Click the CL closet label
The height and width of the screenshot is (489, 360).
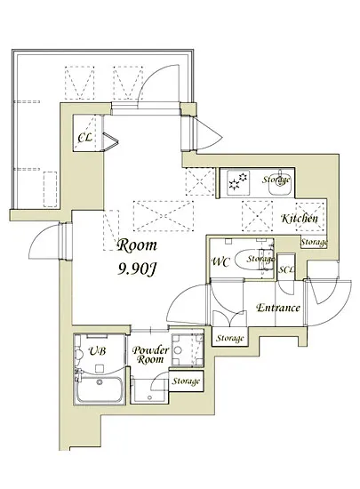[84, 137]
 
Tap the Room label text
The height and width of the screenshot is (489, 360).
[137, 245]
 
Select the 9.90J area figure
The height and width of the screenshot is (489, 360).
[136, 269]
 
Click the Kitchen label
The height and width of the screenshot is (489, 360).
[300, 218]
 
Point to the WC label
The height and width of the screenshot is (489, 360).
[220, 261]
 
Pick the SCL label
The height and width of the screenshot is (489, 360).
[286, 269]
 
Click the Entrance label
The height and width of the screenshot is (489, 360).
[278, 308]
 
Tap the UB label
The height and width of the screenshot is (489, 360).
[97, 351]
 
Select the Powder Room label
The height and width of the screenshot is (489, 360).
[150, 355]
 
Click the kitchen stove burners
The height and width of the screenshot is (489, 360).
[238, 181]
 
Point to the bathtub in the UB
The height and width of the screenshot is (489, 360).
[100, 389]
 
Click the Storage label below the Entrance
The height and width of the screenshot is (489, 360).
[230, 338]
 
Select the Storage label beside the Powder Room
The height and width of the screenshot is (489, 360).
[186, 381]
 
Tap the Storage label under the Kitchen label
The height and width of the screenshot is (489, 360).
[314, 242]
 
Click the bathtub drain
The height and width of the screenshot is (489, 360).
[100, 382]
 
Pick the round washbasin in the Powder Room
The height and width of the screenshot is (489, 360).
[178, 350]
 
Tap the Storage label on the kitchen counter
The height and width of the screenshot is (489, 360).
[276, 180]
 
